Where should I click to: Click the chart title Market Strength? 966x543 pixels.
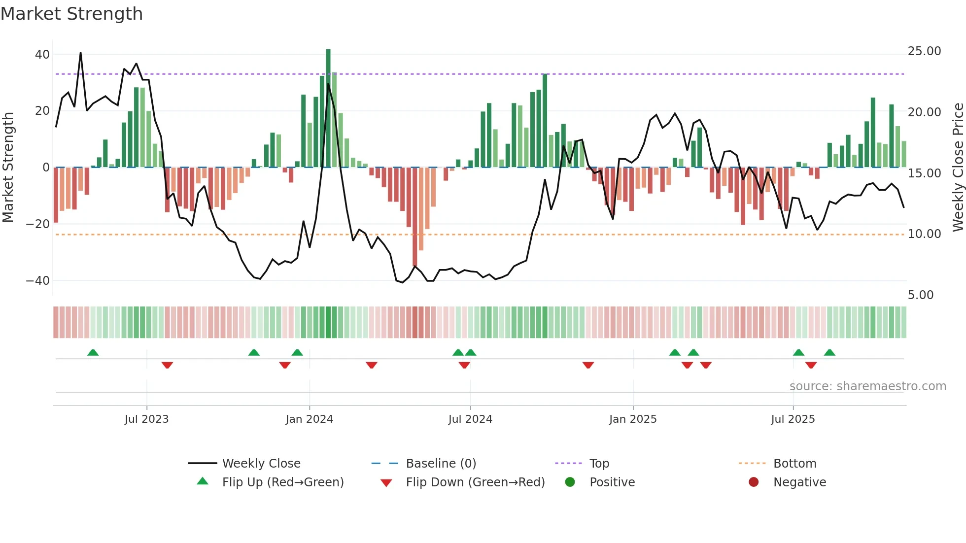[x=71, y=14]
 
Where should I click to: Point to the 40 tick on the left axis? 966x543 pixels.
[x=42, y=55]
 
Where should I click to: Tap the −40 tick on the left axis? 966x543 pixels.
[x=38, y=281]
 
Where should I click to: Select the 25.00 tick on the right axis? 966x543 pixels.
[x=924, y=51]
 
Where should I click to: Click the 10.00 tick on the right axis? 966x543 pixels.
[x=924, y=234]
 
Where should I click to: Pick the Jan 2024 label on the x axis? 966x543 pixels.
[x=309, y=419]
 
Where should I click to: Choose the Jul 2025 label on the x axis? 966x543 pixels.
[x=793, y=419]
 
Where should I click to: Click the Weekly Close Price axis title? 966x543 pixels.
[x=958, y=167]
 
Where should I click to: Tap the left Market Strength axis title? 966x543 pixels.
[x=8, y=167]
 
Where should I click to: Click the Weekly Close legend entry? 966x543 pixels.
[x=261, y=464]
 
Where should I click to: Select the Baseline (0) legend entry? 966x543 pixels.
[x=441, y=464]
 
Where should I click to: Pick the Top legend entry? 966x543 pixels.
[x=599, y=464]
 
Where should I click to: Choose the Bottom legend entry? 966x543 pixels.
[x=794, y=464]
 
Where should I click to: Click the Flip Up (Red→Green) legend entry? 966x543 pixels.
[x=282, y=482]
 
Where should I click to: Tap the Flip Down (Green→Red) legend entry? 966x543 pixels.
[x=475, y=482]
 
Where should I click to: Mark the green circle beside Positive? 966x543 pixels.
[x=570, y=482]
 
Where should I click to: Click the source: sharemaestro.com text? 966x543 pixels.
[x=867, y=386]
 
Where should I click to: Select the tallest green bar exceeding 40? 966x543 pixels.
[x=328, y=108]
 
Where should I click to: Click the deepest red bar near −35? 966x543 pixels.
[x=414, y=217]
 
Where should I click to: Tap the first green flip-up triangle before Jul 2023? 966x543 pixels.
[x=93, y=352]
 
